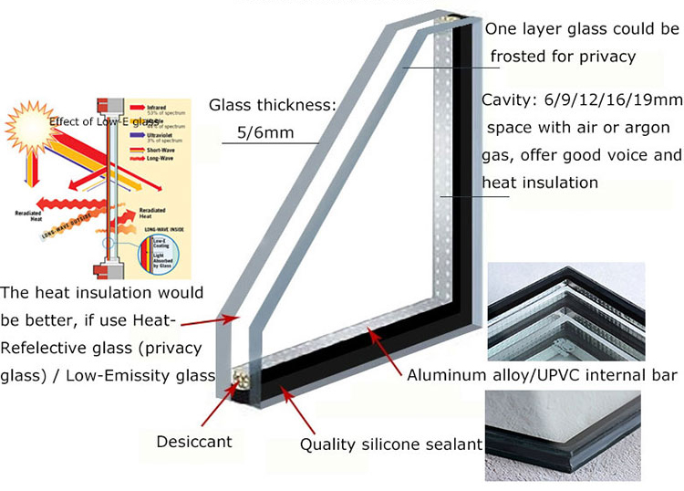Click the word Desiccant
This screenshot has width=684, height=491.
pyautogui.click(x=193, y=442)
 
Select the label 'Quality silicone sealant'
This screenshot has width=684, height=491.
pyautogui.click(x=391, y=445)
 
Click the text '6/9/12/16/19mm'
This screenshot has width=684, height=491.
pyautogui.click(x=599, y=100)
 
